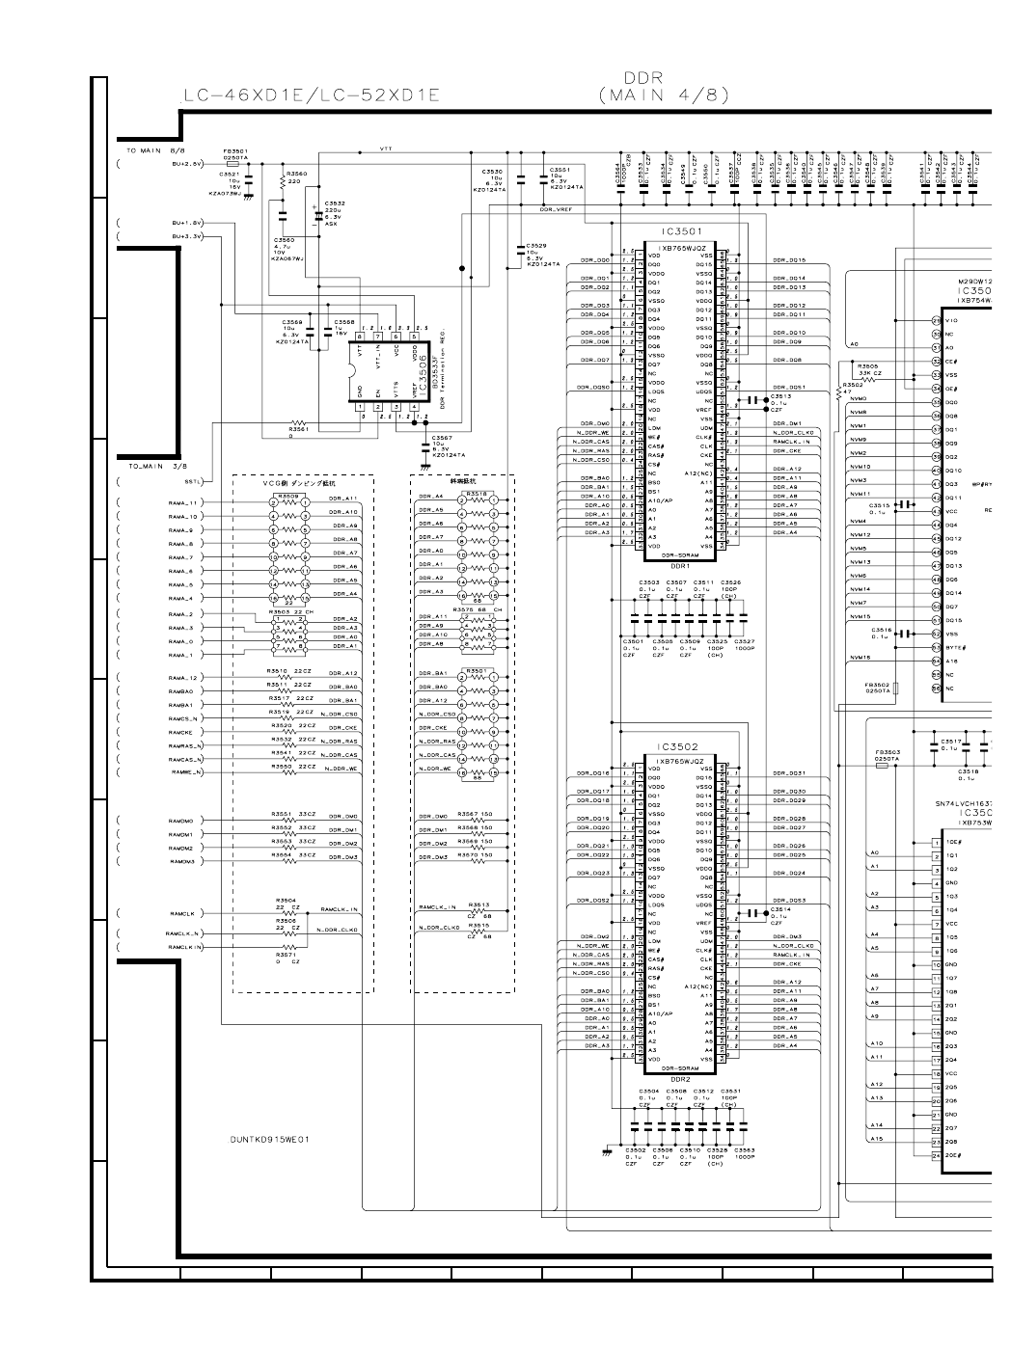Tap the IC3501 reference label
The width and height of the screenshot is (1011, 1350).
click(x=680, y=231)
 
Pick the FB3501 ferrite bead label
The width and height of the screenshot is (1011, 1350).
click(x=235, y=150)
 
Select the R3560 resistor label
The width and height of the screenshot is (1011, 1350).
click(x=296, y=174)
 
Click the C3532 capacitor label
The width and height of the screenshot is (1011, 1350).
click(x=335, y=203)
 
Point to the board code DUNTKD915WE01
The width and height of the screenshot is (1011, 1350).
click(x=270, y=1139)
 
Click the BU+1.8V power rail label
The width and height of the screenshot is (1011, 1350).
click(x=188, y=223)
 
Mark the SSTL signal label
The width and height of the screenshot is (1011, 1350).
click(x=192, y=479)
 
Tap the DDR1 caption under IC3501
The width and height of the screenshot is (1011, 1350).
click(x=679, y=566)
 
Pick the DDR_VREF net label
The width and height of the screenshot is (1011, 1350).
click(x=556, y=209)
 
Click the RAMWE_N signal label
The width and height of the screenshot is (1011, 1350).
click(x=185, y=772)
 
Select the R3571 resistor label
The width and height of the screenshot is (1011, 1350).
click(x=286, y=955)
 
